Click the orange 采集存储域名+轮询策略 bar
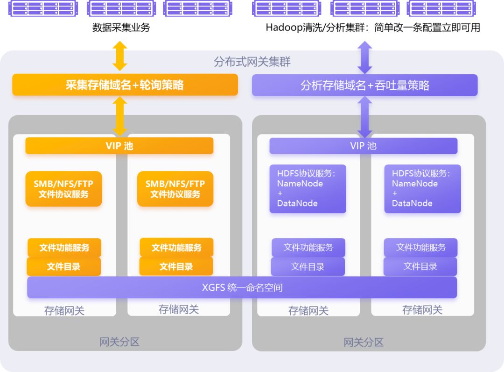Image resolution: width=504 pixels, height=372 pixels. pyautogui.click(x=125, y=85)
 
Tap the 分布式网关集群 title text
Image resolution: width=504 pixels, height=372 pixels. pyautogui.click(x=252, y=62)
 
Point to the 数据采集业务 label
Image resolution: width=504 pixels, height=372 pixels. pyautogui.click(x=121, y=28)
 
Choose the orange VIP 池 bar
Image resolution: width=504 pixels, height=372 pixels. pyautogui.click(x=119, y=146)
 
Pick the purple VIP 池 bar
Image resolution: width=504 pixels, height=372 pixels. pyautogui.click(x=363, y=146)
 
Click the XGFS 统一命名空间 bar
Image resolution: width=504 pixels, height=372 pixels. pyautogui.click(x=242, y=287)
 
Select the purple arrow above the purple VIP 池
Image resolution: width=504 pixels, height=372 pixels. pyautogui.click(x=364, y=117)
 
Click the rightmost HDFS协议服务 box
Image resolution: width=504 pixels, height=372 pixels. pyautogui.click(x=422, y=189)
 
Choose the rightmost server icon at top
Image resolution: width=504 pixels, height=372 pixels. pyautogui.click(x=441, y=8)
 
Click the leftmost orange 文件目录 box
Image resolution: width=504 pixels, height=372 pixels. pyautogui.click(x=63, y=266)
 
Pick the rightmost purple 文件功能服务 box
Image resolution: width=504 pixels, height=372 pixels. pyautogui.click(x=420, y=247)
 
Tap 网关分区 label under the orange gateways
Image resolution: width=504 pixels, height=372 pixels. pyautogui.click(x=119, y=342)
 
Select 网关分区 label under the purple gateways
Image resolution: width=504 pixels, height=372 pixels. pyautogui.click(x=364, y=342)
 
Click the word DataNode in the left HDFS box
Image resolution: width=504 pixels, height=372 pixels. pyautogui.click(x=297, y=203)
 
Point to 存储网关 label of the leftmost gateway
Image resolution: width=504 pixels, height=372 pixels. pyautogui.click(x=64, y=310)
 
